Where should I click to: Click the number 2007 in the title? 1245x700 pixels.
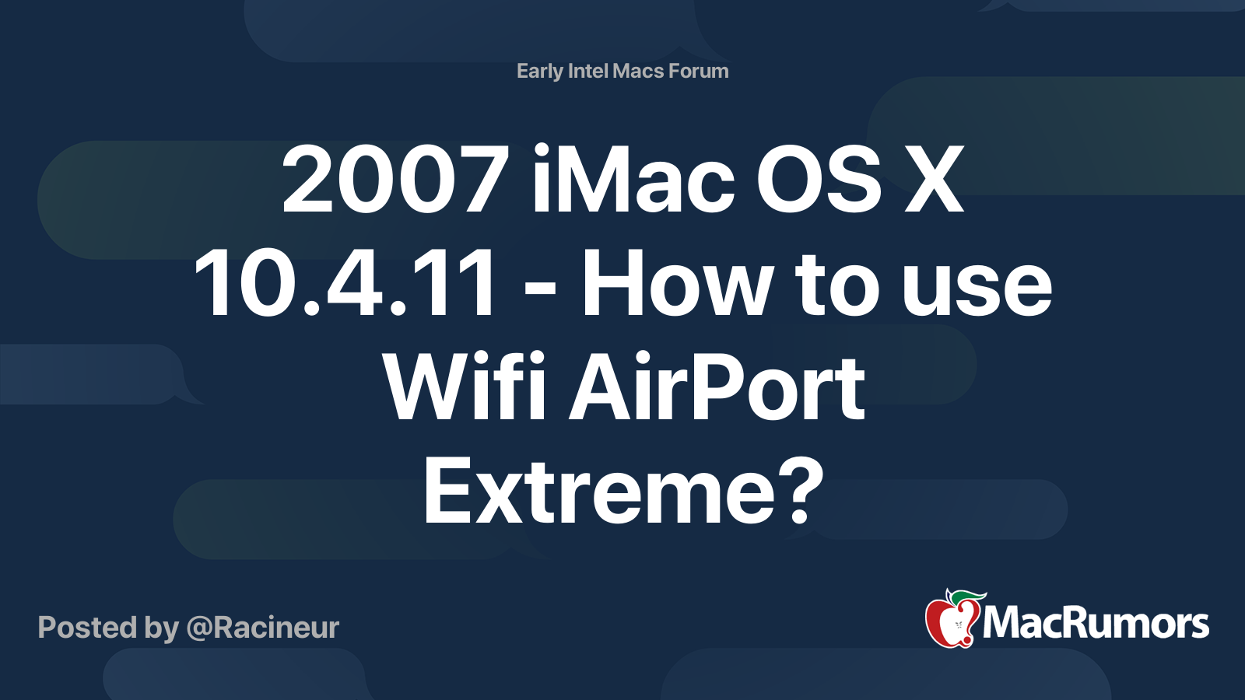pyautogui.click(x=395, y=180)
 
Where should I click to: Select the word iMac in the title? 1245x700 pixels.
pyautogui.click(x=633, y=180)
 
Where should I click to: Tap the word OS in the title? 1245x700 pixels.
pyautogui.click(x=819, y=180)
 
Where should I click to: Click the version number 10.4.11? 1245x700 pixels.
pyautogui.click(x=345, y=285)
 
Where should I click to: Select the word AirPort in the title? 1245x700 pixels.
pyautogui.click(x=717, y=388)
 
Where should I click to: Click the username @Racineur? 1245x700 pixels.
pyautogui.click(x=263, y=628)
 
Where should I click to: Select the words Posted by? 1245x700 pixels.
pyautogui.click(x=108, y=628)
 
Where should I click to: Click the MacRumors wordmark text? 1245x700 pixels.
pyautogui.click(x=1096, y=624)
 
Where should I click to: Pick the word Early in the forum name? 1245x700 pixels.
pyautogui.click(x=539, y=72)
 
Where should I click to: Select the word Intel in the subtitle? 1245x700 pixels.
pyautogui.click(x=588, y=72)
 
